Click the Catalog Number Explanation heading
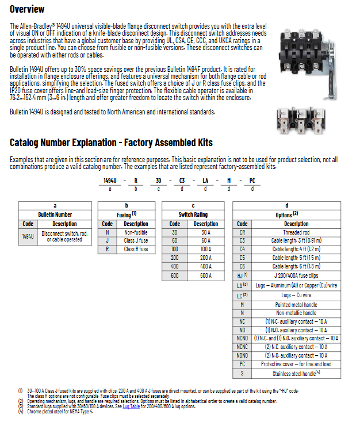tap(111, 143)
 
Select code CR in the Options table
tap(242, 232)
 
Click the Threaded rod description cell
tap(296, 232)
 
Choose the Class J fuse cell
tap(136, 241)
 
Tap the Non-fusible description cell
tap(136, 232)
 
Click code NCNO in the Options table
tap(242, 339)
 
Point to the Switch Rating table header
tap(193, 214)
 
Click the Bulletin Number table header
tap(55, 214)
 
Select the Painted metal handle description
tap(296, 305)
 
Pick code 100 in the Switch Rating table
tap(175, 249)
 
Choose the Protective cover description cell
tap(296, 364)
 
